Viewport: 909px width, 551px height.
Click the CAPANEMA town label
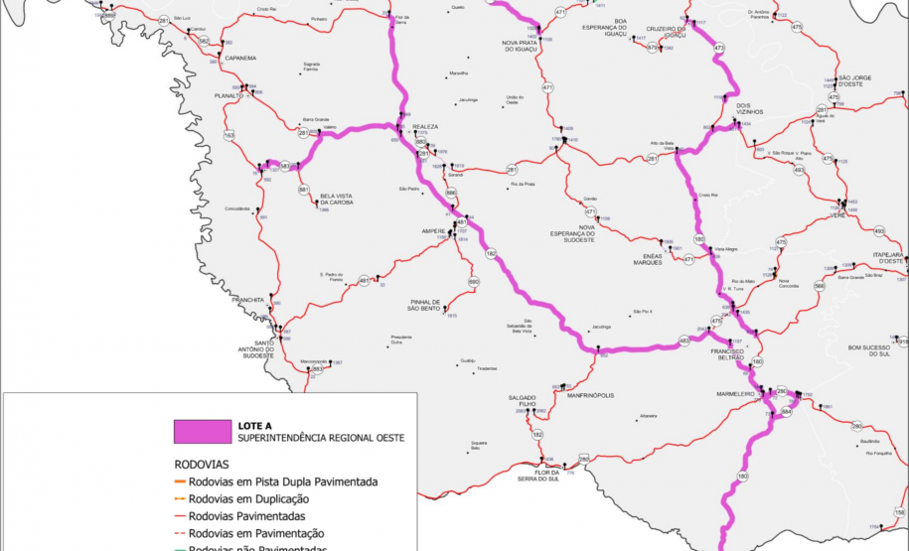pos(240,59)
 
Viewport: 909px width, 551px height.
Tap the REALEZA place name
pos(425,126)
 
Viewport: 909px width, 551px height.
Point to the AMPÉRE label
pos(432,231)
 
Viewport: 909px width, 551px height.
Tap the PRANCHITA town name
pos(248,299)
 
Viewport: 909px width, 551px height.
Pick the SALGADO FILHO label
pos(522,401)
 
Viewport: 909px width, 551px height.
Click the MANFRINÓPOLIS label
pos(590,395)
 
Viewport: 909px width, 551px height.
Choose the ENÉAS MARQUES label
pos(647,259)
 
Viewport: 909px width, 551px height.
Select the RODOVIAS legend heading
pos(202,464)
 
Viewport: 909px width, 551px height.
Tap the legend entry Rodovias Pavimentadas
pos(246,516)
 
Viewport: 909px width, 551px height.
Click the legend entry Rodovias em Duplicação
pos(248,499)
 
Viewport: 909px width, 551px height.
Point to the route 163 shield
pos(229,135)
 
